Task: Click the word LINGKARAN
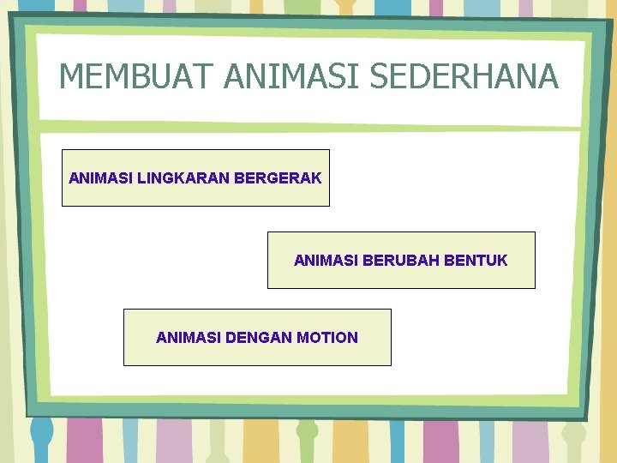183,178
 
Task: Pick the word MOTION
327,338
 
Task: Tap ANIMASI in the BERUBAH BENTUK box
326,260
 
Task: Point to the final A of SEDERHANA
548,76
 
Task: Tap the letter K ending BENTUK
502,260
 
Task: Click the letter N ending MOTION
352,338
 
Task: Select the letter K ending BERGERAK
317,178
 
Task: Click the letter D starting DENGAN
231,338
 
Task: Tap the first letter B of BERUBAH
368,260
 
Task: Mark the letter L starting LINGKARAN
141,178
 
